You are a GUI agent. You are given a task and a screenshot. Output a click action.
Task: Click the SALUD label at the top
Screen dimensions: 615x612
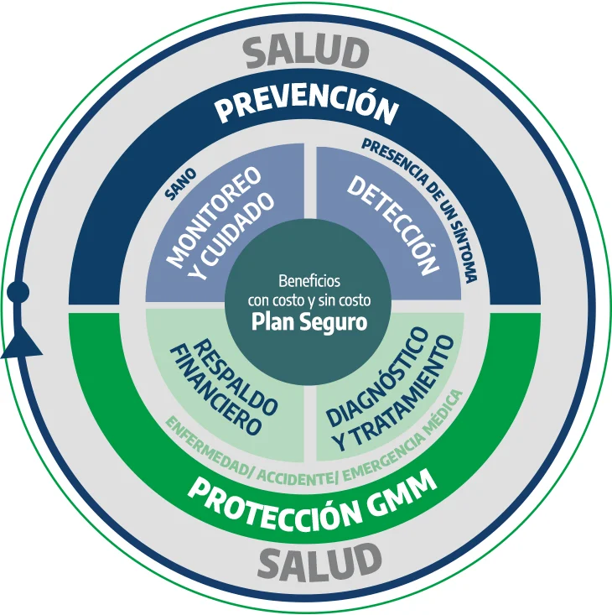[x=306, y=53]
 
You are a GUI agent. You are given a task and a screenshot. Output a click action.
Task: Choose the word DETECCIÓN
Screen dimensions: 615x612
[x=394, y=223]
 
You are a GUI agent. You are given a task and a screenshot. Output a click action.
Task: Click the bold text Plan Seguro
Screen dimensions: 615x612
[x=310, y=322]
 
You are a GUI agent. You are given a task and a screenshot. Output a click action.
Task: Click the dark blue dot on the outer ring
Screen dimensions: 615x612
[x=18, y=291]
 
